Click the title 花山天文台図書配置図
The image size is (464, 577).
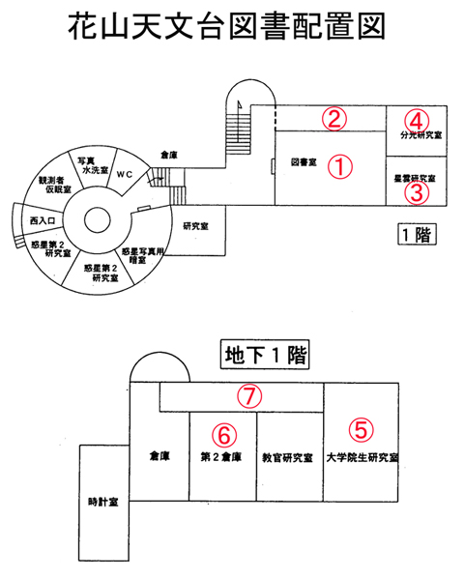point(226,26)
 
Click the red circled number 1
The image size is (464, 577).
point(340,166)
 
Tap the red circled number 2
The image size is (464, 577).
point(334,119)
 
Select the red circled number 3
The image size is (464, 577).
point(417,193)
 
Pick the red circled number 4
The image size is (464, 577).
point(417,121)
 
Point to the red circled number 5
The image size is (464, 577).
point(361,430)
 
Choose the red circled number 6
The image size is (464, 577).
point(224,435)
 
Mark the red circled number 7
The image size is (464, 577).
point(249,396)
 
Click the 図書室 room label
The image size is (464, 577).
point(304,162)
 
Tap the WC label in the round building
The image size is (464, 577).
point(125,174)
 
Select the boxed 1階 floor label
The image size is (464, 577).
point(417,234)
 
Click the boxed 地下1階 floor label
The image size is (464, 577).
point(265,355)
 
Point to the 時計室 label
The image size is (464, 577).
point(103,502)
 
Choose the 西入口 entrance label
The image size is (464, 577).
point(43,220)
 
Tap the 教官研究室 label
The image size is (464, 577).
point(288,457)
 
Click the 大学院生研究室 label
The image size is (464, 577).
point(362,457)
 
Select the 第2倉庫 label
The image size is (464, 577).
point(221,457)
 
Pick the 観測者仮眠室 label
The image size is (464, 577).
point(55,186)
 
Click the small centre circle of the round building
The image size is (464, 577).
point(97,220)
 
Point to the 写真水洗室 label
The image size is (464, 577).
point(93,165)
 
